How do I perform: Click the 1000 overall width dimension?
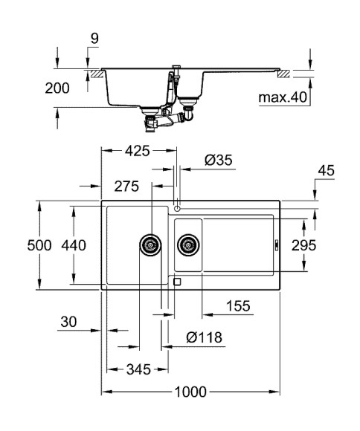pyautogui.click(x=192, y=392)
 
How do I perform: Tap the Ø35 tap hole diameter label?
pyautogui.click(x=219, y=160)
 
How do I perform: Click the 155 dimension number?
pyautogui.click(x=237, y=306)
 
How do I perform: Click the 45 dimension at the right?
pyautogui.click(x=326, y=172)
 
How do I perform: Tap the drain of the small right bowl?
pyautogui.click(x=188, y=244)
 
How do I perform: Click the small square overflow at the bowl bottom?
pyautogui.click(x=176, y=282)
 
